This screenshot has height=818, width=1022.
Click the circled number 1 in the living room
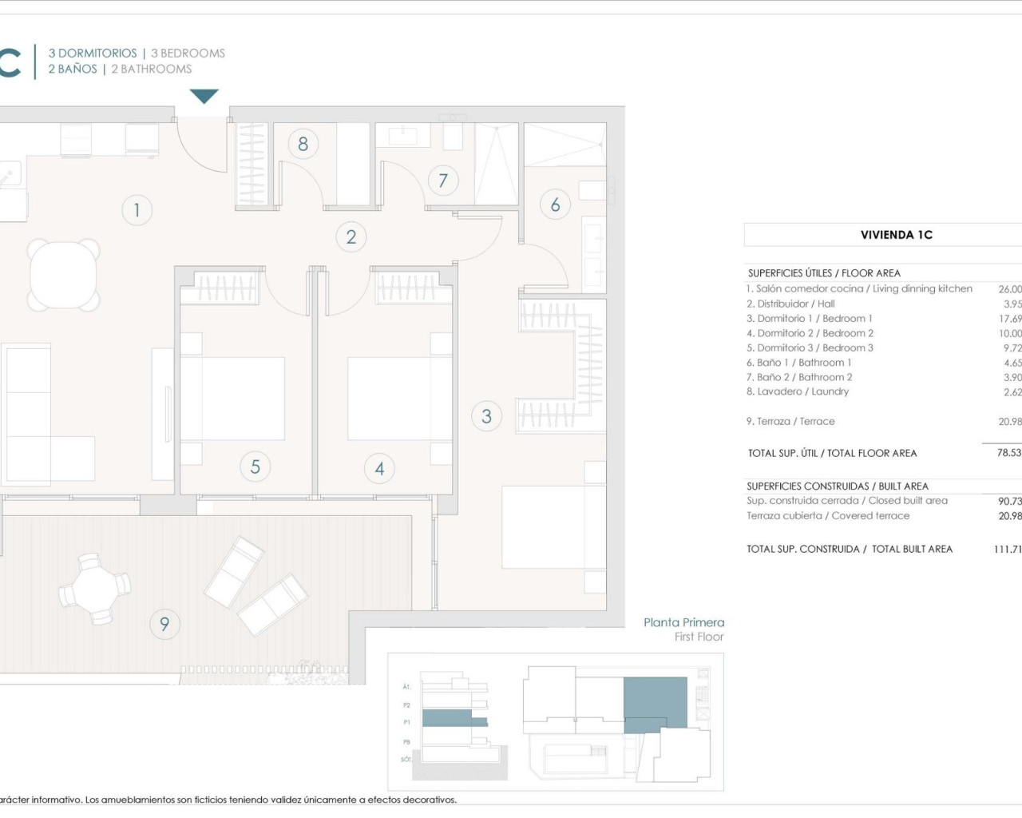[x=137, y=210]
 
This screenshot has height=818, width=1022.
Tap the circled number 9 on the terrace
[x=164, y=624]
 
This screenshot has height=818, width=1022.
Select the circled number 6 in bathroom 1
[x=555, y=204]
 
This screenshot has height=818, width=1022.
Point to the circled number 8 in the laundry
[x=303, y=144]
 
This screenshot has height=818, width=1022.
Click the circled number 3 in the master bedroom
[x=486, y=415]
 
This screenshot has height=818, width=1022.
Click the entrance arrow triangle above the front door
[x=204, y=97]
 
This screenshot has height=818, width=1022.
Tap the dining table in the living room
[x=64, y=275]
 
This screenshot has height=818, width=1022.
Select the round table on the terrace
[x=95, y=589]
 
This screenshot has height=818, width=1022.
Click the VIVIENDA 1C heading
[x=896, y=235]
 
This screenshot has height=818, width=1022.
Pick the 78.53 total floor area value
[x=1008, y=453]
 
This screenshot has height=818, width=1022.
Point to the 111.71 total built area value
[x=1007, y=549]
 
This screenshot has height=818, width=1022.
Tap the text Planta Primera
[x=684, y=622]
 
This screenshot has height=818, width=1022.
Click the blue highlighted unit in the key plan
[x=655, y=703]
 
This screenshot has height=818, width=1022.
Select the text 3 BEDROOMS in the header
[x=188, y=54]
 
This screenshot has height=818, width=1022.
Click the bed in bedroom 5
[x=232, y=398]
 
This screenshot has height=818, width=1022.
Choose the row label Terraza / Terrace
[x=790, y=421]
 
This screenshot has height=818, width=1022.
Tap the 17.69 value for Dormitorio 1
[x=1009, y=318]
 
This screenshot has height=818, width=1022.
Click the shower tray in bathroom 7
[x=497, y=164]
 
